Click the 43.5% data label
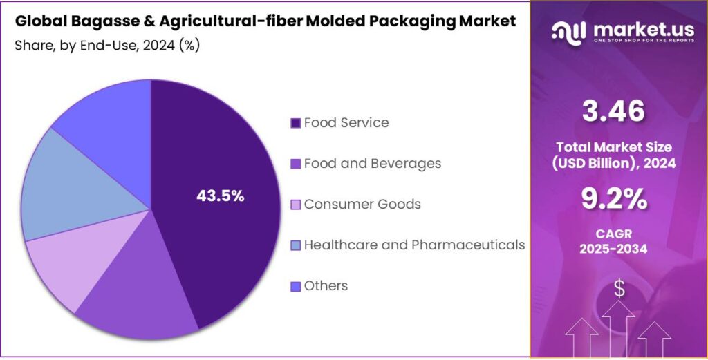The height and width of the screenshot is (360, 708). tap(221, 196)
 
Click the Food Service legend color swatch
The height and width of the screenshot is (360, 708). tap(295, 123)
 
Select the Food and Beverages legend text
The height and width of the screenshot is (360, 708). tap(372, 164)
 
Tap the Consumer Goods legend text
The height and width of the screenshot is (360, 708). tap(362, 205)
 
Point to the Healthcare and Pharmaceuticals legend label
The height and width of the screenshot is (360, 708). tap(414, 245)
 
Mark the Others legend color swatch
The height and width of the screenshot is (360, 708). tap(295, 286)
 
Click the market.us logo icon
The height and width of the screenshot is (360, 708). tap(568, 31)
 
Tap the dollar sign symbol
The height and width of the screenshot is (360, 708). tap(619, 290)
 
